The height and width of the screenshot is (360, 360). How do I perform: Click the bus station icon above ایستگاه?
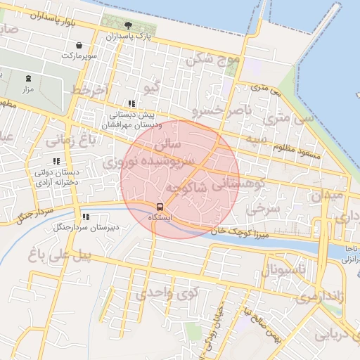click(160, 207)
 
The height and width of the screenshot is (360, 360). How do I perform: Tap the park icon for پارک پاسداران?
click(127, 25)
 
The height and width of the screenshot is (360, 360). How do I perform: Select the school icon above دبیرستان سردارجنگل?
click(86, 217)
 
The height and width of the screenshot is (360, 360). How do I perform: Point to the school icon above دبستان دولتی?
click(57, 161)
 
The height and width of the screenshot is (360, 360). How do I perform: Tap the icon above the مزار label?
click(28, 78)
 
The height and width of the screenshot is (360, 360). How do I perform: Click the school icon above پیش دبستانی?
click(132, 103)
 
